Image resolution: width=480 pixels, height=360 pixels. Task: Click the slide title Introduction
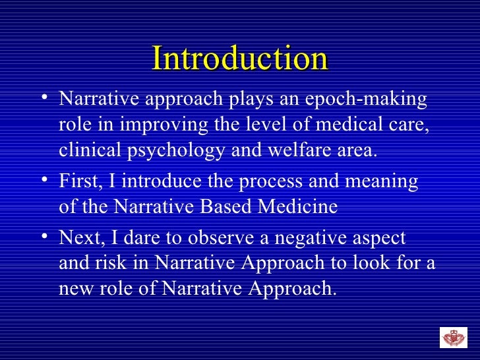tap(240, 59)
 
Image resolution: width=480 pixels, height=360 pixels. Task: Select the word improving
tap(147, 125)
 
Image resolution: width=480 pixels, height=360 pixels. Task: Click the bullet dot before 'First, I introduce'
tap(44, 179)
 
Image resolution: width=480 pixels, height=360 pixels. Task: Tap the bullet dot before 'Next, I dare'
tap(44, 236)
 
